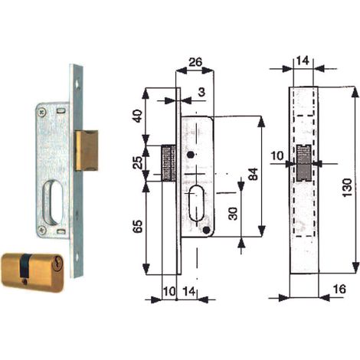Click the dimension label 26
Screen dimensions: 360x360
pyautogui.click(x=195, y=62)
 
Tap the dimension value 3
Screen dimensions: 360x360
pyautogui.click(x=201, y=92)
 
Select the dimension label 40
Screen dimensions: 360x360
pyautogui.click(x=138, y=116)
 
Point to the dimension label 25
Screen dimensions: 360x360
pyautogui.click(x=138, y=162)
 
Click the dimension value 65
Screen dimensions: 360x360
pyautogui.click(x=138, y=226)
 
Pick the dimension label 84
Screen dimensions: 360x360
pyautogui.click(x=253, y=174)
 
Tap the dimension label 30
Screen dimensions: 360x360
pyautogui.click(x=233, y=214)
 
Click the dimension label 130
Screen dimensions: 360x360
pyautogui.click(x=347, y=188)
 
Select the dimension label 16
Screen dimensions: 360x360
pyautogui.click(x=339, y=289)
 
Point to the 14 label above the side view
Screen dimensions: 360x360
pyautogui.click(x=303, y=61)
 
